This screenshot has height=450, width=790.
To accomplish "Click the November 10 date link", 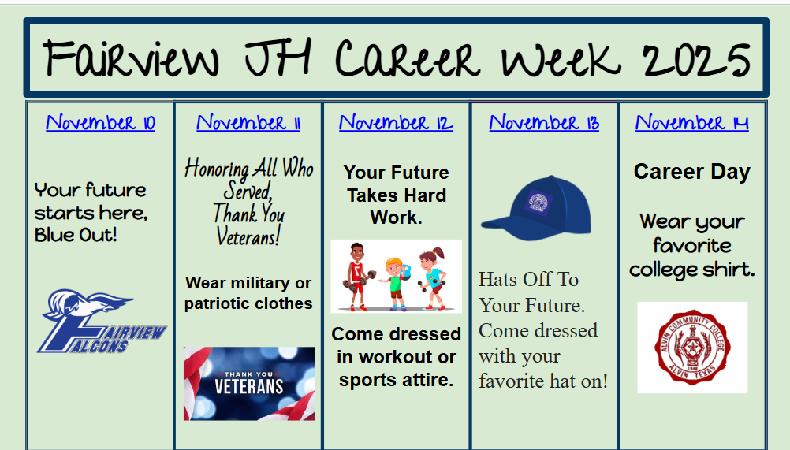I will [100, 123].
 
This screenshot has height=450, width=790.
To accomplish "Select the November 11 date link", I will [248, 123].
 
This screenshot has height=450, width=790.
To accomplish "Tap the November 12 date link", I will [396, 123].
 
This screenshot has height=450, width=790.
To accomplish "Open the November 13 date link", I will [544, 123].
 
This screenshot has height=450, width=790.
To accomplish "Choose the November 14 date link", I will [692, 123].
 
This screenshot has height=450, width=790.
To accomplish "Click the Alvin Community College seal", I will [692, 348].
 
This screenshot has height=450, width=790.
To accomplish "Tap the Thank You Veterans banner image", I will [249, 383].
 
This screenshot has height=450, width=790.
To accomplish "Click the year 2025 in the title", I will [696, 60].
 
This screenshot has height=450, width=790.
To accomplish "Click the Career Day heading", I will [692, 172].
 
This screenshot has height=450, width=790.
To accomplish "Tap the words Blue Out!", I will [76, 235].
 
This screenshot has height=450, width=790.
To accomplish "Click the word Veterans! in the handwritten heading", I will [248, 235].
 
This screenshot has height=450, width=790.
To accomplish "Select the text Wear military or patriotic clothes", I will [248, 293].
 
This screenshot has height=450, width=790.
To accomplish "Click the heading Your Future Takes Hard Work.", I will [396, 195].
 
